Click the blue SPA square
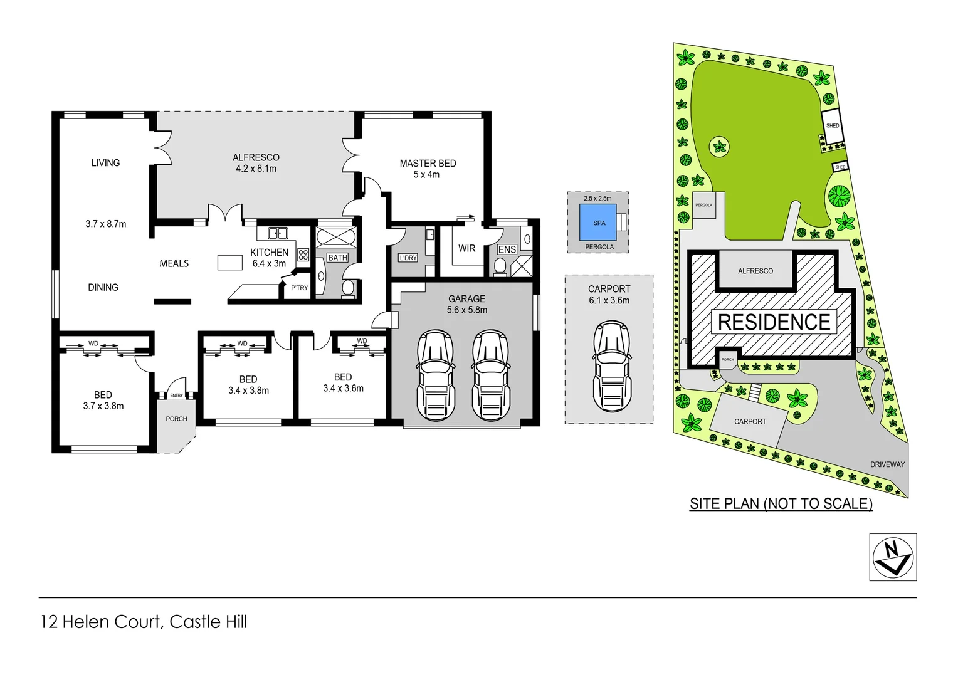point(598,223)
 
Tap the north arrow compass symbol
point(893,557)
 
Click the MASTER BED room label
point(428,164)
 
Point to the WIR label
point(466,248)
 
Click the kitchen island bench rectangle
point(230,262)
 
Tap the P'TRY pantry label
point(299,288)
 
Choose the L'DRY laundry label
point(408,258)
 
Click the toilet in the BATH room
point(348,288)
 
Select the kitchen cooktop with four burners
point(303,255)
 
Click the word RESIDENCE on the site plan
point(774,322)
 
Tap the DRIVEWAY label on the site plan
point(887,464)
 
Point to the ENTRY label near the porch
point(176,396)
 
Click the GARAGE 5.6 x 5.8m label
point(466,304)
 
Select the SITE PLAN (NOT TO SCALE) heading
point(781,504)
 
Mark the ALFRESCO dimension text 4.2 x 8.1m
point(256,169)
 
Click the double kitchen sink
point(278,233)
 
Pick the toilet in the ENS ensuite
point(500,266)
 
